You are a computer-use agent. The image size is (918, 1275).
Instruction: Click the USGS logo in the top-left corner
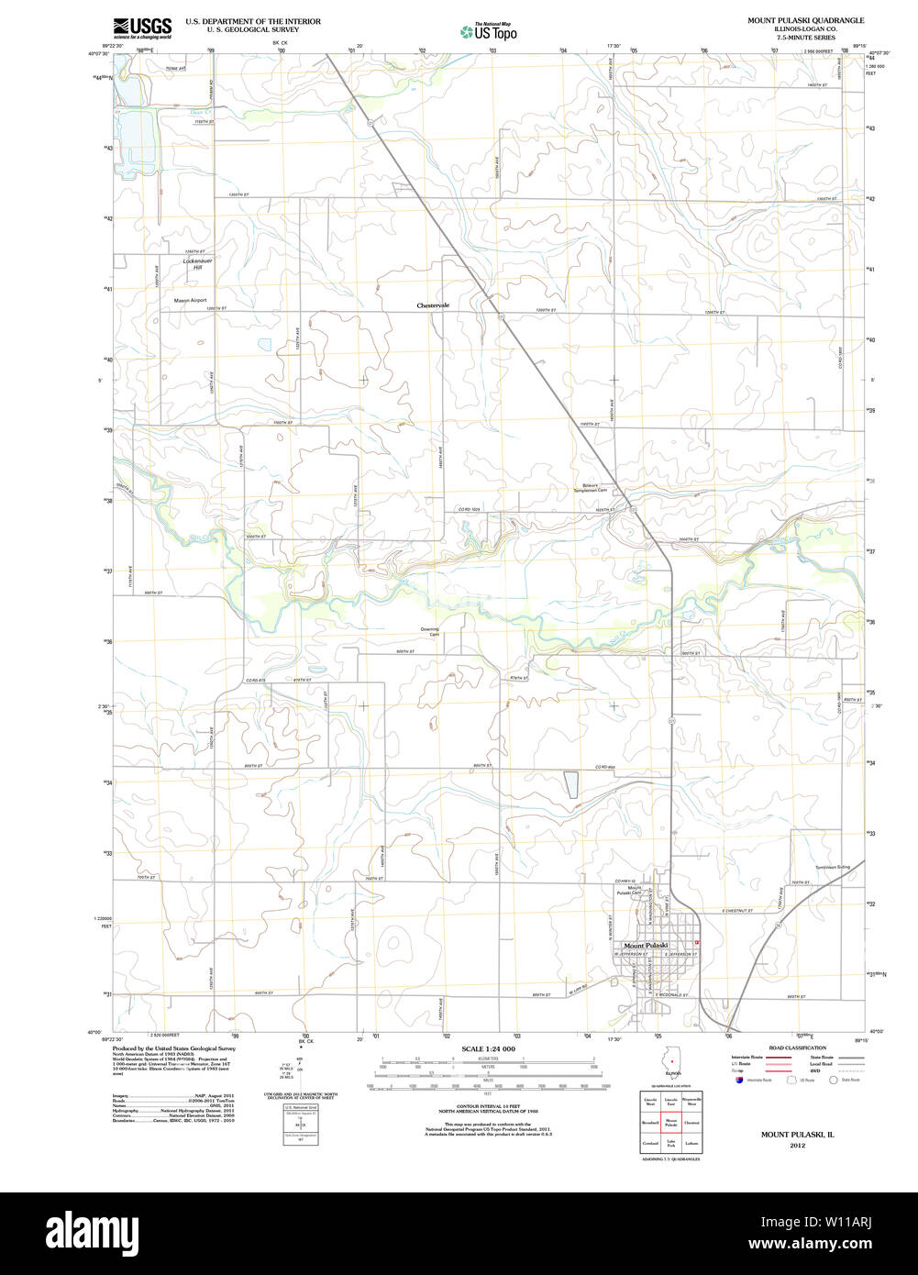[x=142, y=28]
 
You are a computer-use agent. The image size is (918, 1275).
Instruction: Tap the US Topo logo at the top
[x=489, y=32]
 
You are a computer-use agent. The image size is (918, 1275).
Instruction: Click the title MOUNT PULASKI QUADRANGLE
[x=805, y=19]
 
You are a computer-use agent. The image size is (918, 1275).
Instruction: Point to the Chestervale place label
[x=433, y=305]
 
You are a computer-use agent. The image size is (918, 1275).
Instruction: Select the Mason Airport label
[x=191, y=300]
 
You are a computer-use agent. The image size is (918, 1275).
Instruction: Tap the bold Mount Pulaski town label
[x=646, y=945]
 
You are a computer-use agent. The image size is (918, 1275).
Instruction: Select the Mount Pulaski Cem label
[x=628, y=890]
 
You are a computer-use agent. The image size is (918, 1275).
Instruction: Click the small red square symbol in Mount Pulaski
[x=697, y=942]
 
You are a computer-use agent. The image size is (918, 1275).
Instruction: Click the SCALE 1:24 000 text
[x=488, y=1048]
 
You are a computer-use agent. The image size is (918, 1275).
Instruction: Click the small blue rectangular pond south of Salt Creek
[x=570, y=784]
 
